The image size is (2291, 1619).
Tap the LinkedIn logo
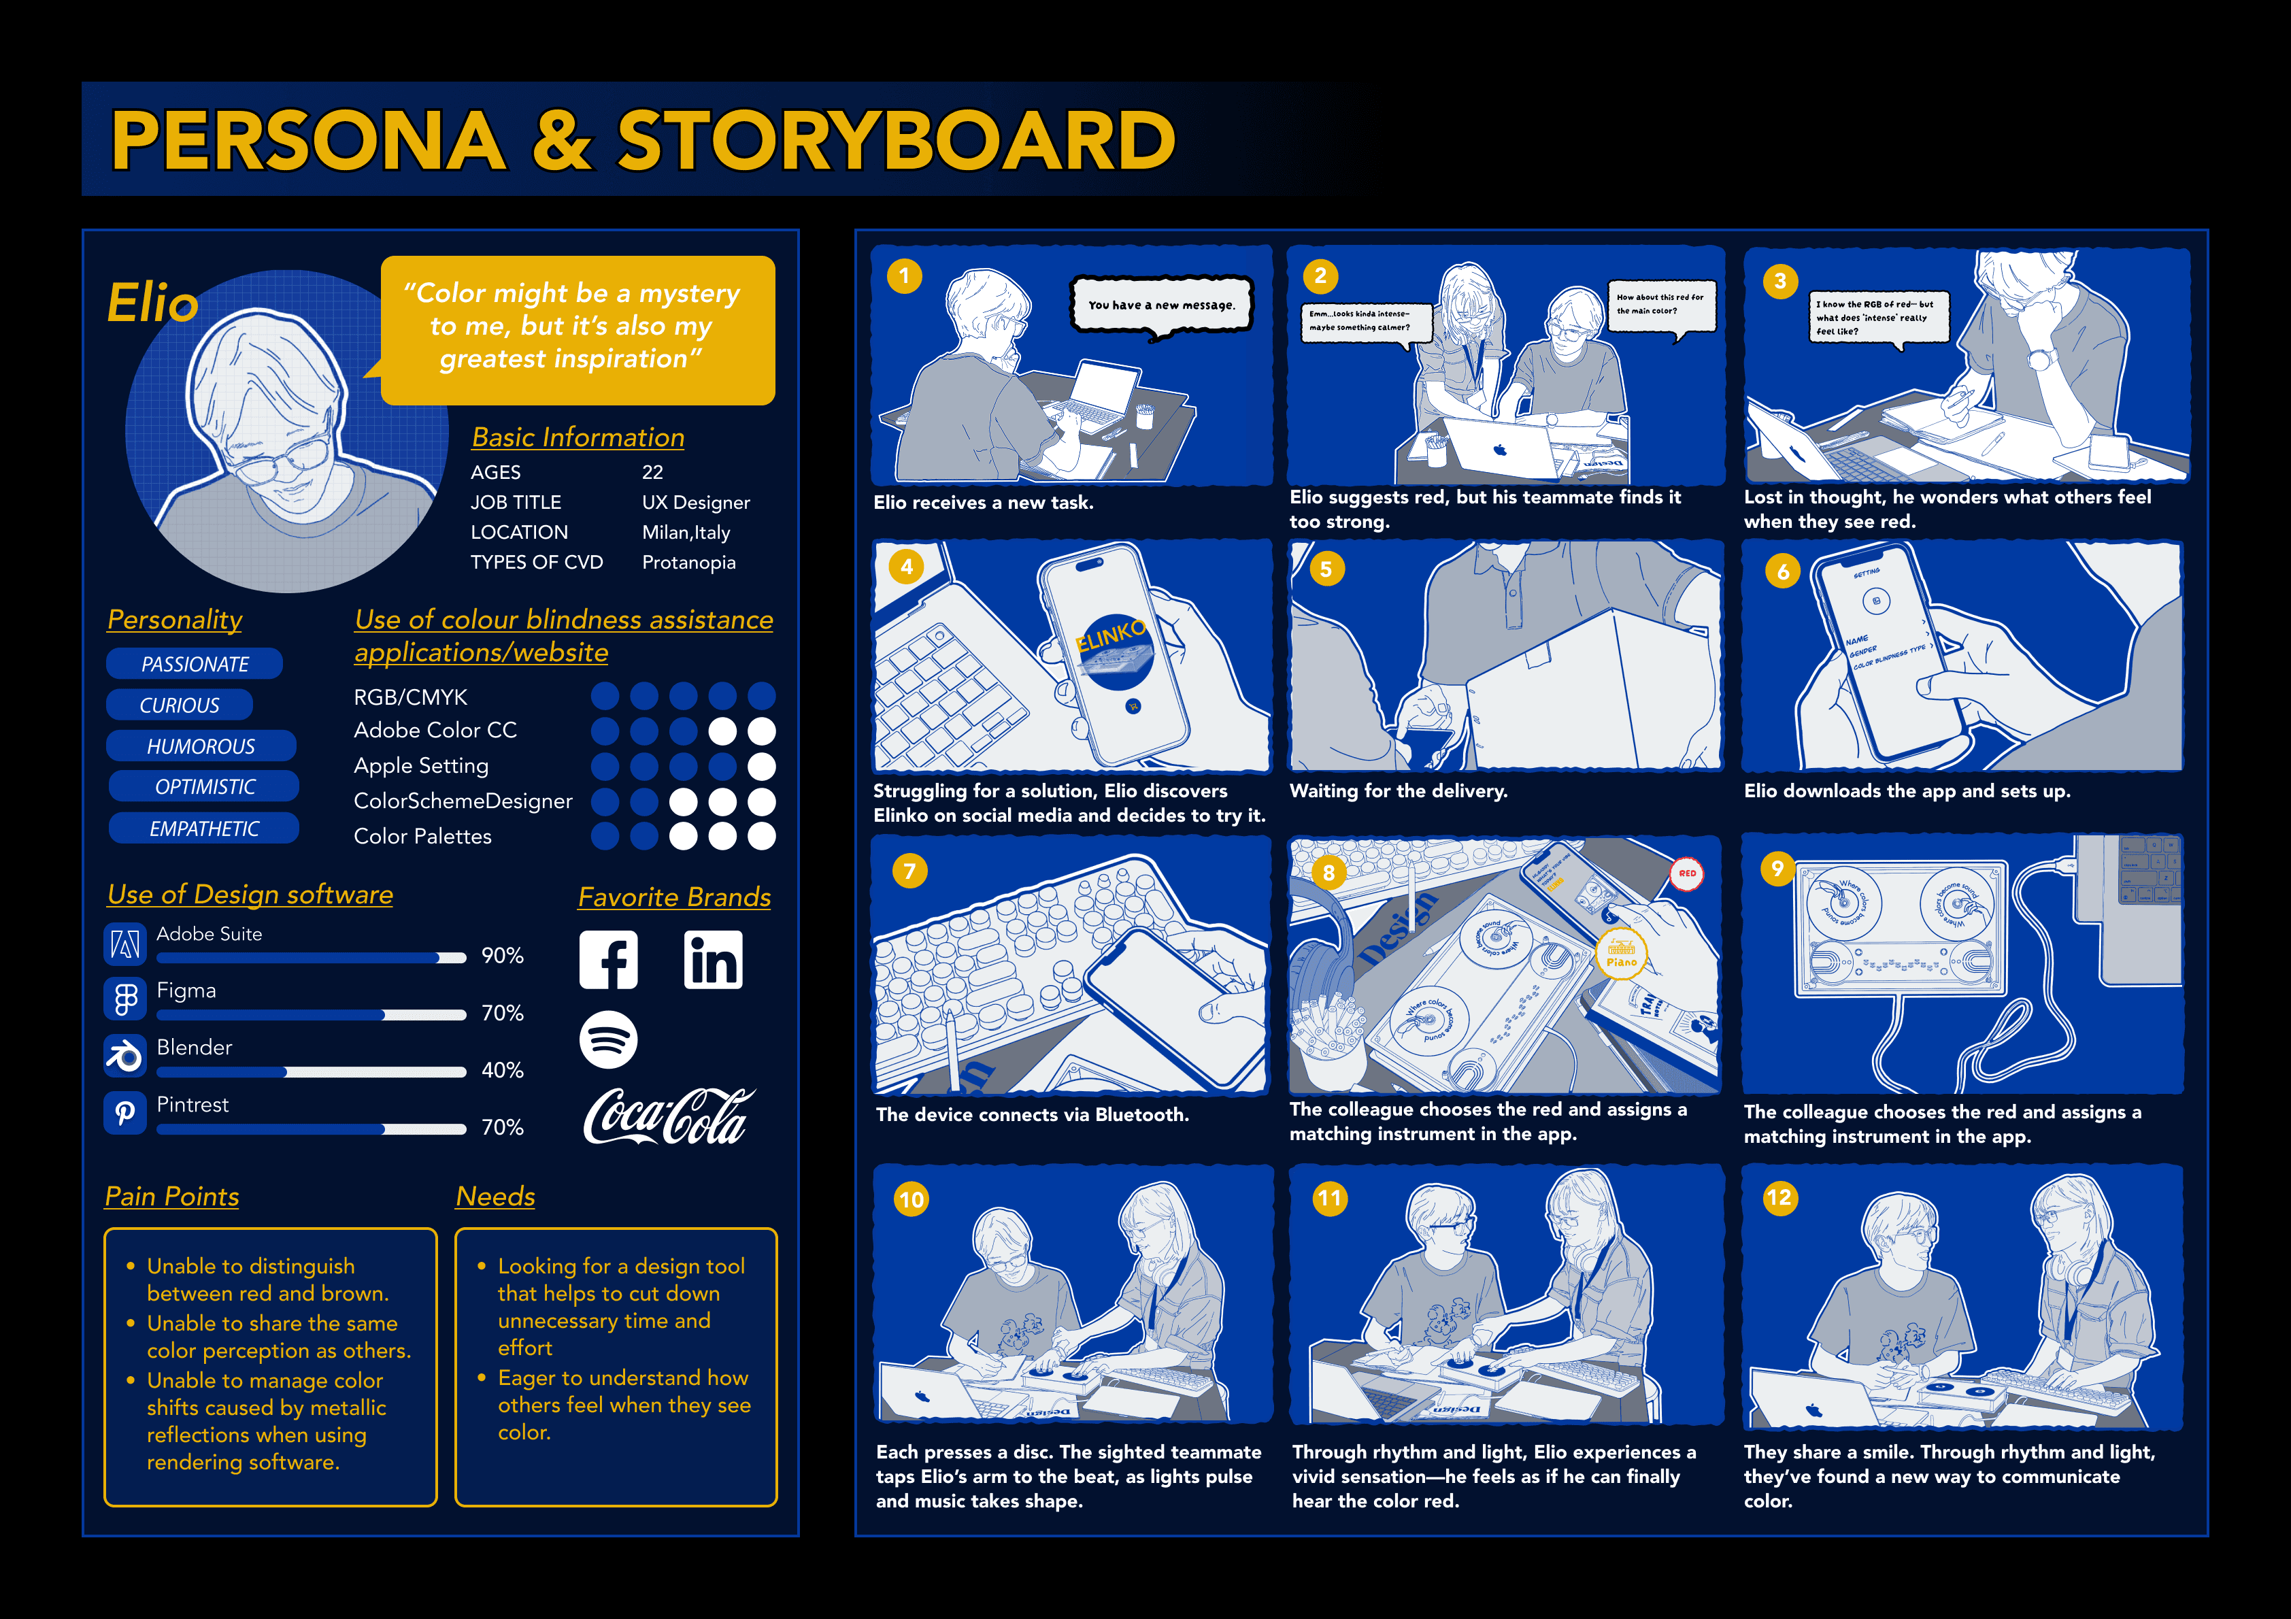pos(712,961)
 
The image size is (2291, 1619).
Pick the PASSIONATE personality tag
pos(195,664)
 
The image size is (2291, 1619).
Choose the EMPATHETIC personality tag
pos(203,829)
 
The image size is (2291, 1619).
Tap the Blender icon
pos(124,1055)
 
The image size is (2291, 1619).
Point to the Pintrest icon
pos(124,1113)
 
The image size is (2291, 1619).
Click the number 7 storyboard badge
pos(909,871)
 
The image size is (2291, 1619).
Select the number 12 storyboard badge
pos(1779,1198)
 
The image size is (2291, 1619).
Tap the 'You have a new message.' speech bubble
pos(1160,305)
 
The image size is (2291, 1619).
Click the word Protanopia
pos(688,563)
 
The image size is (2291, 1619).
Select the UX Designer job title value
pos(695,503)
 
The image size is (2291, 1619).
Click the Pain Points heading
pos(171,1196)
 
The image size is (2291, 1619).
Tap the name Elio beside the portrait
pos(152,303)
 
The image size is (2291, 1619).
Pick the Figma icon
pos(124,998)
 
